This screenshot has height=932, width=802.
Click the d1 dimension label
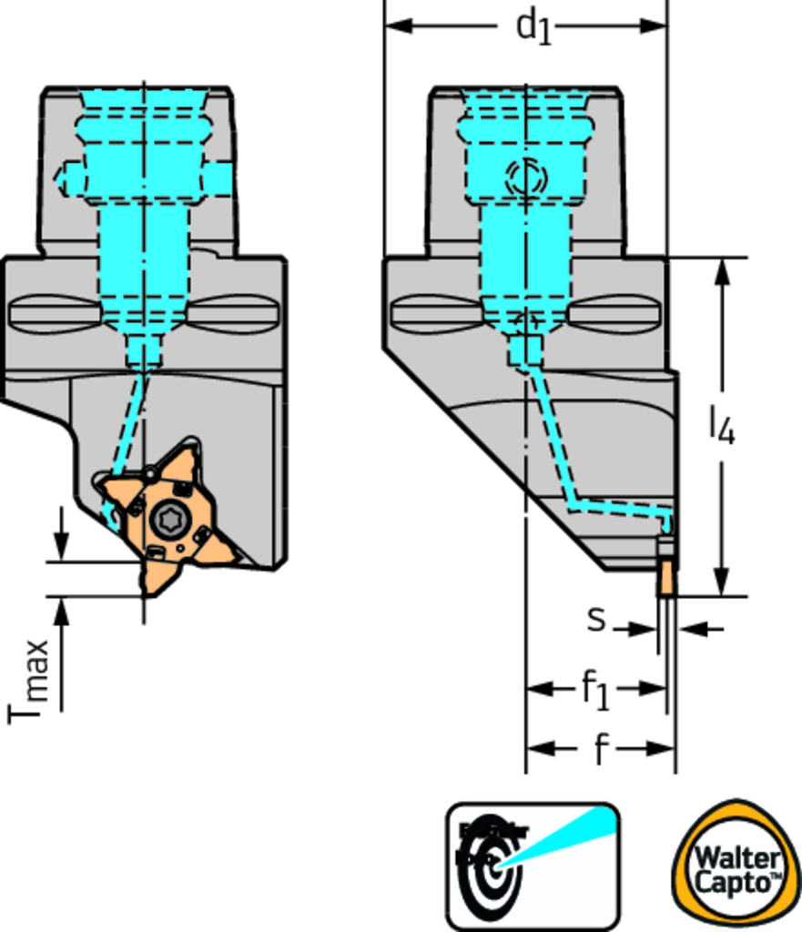pyautogui.click(x=533, y=25)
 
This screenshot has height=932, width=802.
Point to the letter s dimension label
pyautogui.click(x=596, y=619)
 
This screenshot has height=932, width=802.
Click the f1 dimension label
pyautogui.click(x=595, y=690)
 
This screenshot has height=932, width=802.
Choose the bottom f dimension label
pyautogui.click(x=600, y=750)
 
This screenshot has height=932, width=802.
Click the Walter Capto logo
pyautogui.click(x=736, y=866)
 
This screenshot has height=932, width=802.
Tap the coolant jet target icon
pyautogui.click(x=533, y=866)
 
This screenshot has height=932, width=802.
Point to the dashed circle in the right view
pyautogui.click(x=526, y=177)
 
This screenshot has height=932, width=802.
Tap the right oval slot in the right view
pyautogui.click(x=614, y=314)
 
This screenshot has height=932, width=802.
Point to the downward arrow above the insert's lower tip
pyautogui.click(x=62, y=547)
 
